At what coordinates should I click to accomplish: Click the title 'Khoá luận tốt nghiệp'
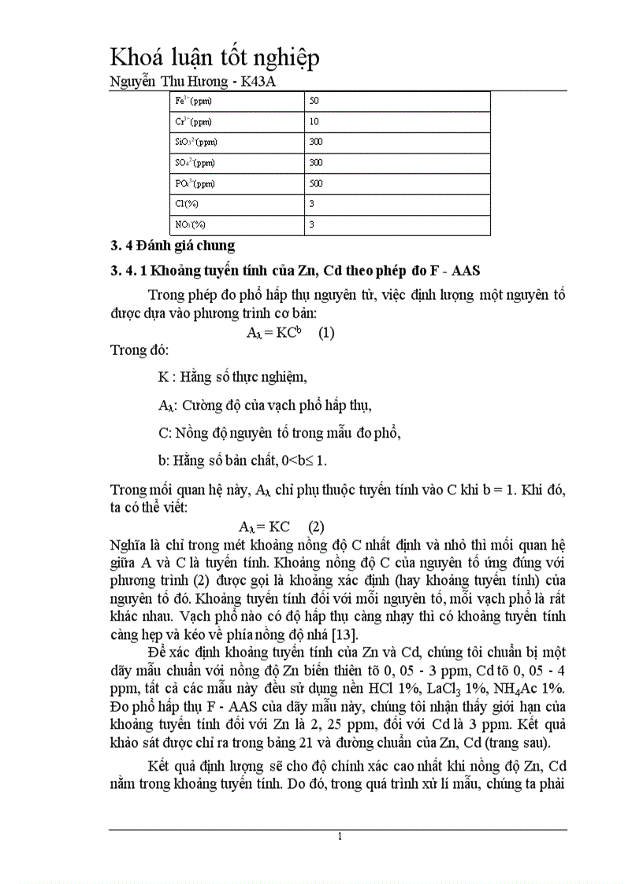(214, 59)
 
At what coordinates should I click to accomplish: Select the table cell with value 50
(314, 102)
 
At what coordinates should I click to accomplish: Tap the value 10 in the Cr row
(314, 122)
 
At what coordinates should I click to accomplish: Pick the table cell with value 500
(317, 183)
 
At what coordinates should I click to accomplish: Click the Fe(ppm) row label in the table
(194, 102)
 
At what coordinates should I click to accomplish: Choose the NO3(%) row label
(190, 224)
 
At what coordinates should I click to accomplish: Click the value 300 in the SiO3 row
(317, 142)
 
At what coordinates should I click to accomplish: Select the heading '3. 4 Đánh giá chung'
(172, 246)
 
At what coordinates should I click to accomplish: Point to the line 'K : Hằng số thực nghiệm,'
(232, 377)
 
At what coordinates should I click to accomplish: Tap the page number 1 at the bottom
(339, 837)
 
